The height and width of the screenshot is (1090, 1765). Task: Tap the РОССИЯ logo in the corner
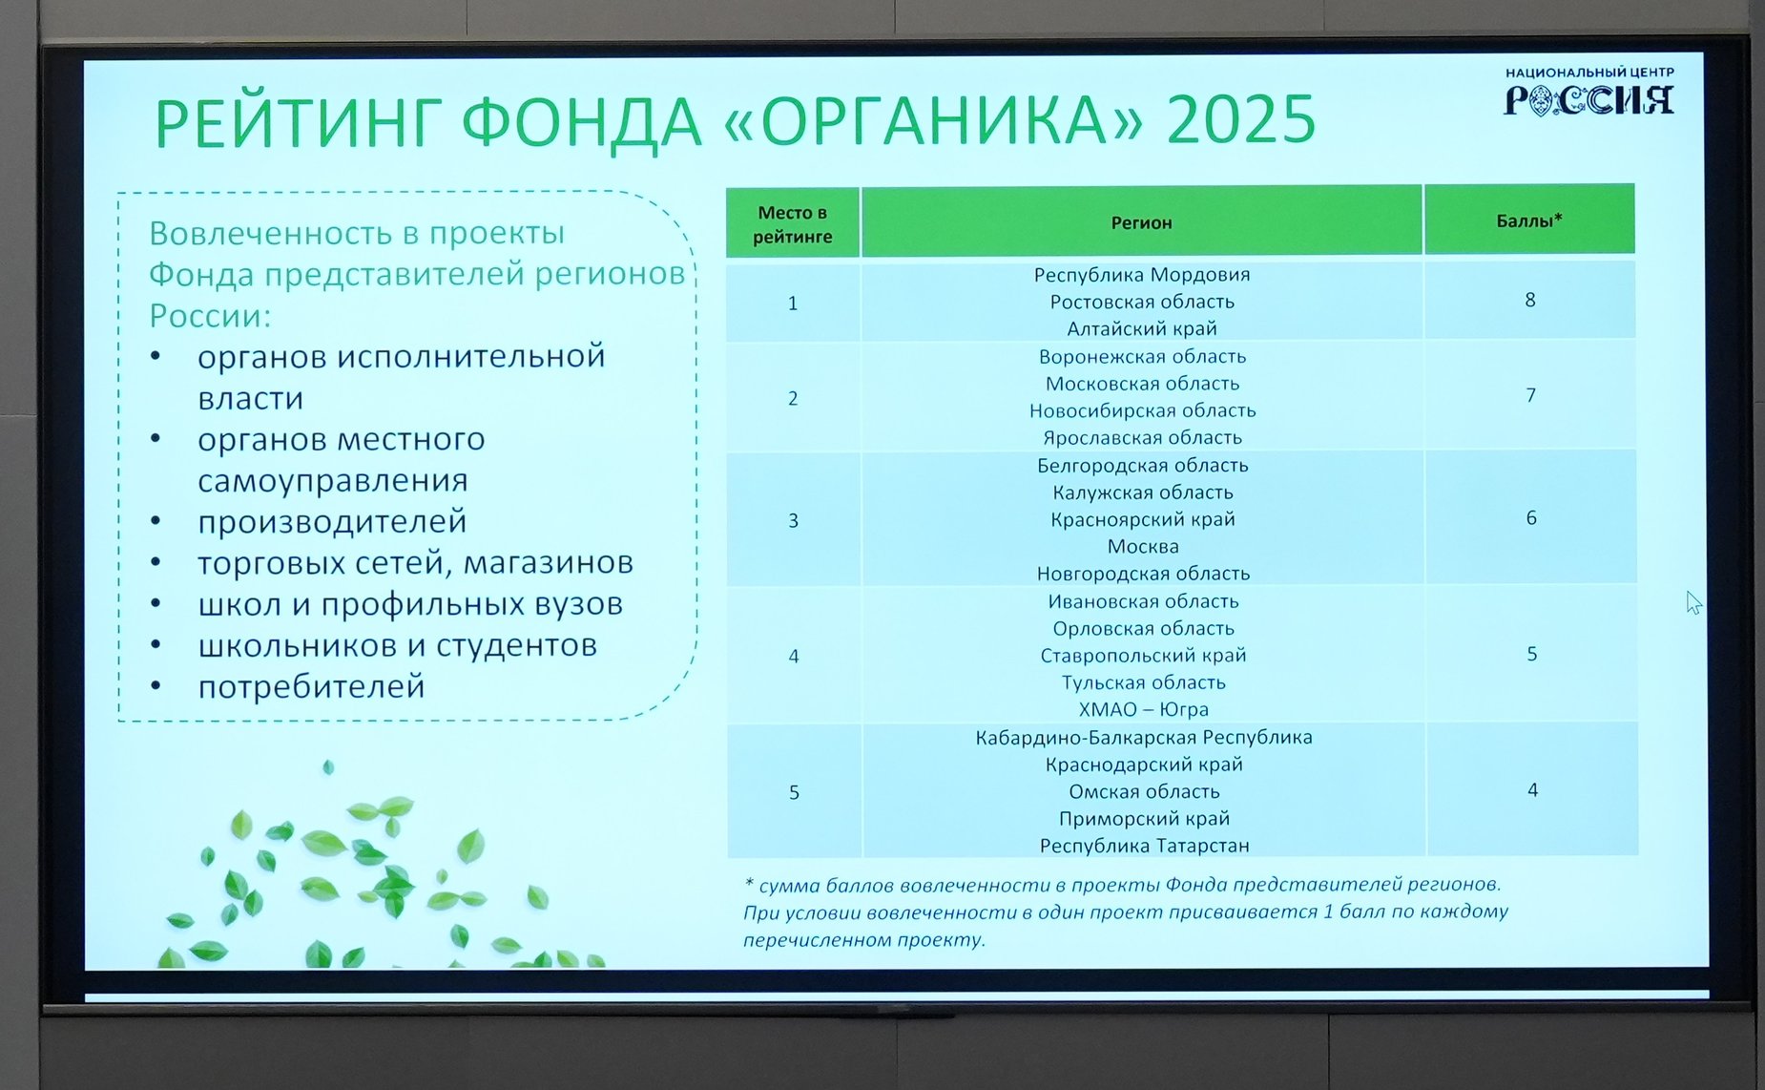[x=1588, y=99]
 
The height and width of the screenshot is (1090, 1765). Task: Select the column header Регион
[x=1141, y=223]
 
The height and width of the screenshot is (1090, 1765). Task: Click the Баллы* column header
[x=1528, y=221]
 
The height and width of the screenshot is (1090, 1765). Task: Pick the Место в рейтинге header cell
[x=793, y=224]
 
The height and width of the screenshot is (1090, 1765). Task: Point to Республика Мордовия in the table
[x=1141, y=275]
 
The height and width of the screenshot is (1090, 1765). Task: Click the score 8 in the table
[x=1530, y=301]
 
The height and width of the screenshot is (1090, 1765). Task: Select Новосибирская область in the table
[x=1142, y=410]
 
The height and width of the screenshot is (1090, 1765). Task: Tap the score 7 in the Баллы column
[x=1531, y=395]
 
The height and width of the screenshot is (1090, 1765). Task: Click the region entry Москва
[x=1143, y=547]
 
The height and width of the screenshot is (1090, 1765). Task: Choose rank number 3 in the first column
[x=793, y=521]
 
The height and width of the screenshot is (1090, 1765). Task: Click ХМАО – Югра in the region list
[x=1143, y=709]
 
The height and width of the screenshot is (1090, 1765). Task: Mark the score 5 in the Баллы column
[x=1532, y=655]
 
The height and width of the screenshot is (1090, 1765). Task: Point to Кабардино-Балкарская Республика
[x=1143, y=738]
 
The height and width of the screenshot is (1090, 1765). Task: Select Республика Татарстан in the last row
[x=1144, y=846]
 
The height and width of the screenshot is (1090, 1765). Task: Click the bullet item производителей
[x=332, y=522]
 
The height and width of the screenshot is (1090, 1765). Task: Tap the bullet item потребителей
[x=311, y=687]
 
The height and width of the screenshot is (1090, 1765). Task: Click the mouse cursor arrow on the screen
[x=1692, y=602]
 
